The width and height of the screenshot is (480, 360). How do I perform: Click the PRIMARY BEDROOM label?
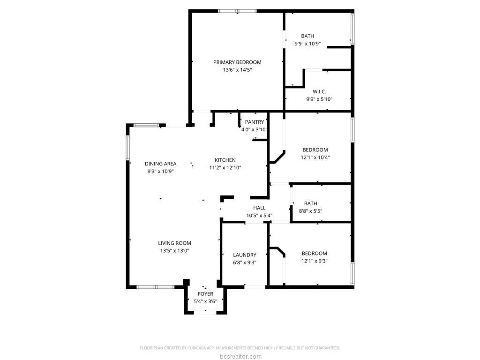click(237, 62)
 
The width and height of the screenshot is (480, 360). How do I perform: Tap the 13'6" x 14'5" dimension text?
click(237, 70)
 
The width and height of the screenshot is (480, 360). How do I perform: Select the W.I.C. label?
click(319, 91)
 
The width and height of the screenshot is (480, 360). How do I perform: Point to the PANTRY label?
click(255, 122)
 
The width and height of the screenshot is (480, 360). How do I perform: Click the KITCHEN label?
click(225, 160)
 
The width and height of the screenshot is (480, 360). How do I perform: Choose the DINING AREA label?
click(160, 164)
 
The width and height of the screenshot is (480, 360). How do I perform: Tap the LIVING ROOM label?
click(174, 243)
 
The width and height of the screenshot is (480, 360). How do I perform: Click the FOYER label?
click(205, 294)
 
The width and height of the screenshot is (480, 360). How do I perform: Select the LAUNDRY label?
click(245, 255)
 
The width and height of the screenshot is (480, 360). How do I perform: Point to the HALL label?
click(259, 208)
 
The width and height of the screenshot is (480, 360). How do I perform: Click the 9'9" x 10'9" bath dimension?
click(307, 44)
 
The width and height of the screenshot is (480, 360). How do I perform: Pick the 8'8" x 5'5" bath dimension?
click(310, 211)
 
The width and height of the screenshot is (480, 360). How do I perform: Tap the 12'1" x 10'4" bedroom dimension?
click(315, 157)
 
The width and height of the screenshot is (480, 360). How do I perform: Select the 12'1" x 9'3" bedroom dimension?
click(315, 261)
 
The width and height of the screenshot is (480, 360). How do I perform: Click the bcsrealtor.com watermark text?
click(240, 356)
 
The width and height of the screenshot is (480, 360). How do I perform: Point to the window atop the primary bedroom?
click(238, 11)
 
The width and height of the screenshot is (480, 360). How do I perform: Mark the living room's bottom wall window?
click(155, 287)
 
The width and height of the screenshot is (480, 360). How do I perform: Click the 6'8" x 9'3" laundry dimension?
click(245, 262)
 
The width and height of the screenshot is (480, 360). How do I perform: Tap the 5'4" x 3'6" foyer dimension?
click(205, 301)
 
